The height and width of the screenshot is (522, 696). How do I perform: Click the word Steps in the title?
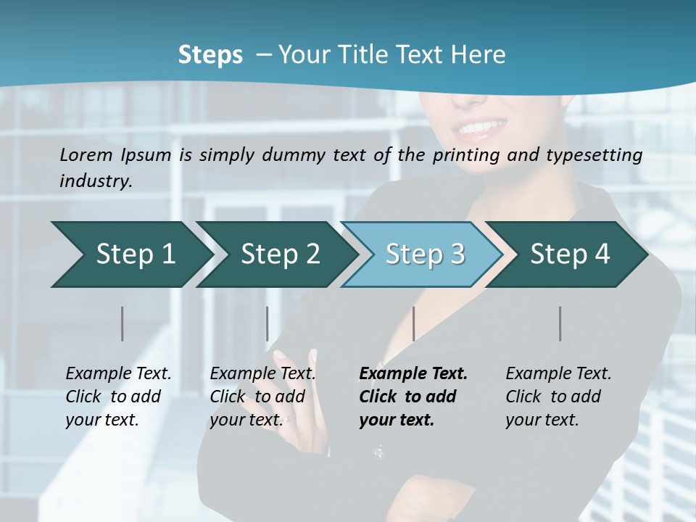point(210,55)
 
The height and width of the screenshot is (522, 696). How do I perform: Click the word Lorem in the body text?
point(86,154)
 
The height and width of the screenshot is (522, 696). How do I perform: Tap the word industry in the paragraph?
point(95,181)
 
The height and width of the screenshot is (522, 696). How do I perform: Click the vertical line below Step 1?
point(123,323)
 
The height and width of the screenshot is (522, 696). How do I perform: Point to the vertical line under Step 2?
point(268,323)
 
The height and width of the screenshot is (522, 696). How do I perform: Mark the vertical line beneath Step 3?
point(413,323)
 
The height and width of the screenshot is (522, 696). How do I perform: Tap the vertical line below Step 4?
point(560,323)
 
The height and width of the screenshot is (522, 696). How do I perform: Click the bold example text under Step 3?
point(412,397)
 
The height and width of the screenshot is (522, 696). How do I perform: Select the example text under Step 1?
point(117,397)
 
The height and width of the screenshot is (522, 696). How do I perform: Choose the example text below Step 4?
point(558,397)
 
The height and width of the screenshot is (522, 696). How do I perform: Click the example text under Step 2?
point(262,397)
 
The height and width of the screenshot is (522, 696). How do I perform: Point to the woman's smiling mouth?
point(479,129)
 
